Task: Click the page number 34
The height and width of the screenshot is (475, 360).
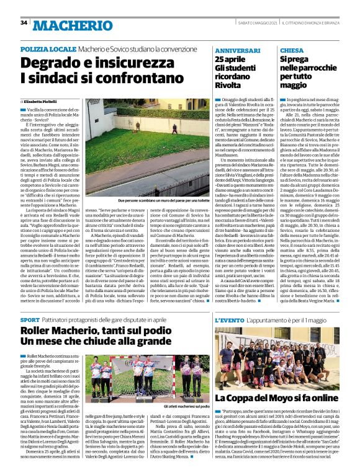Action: pos(24,23)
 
